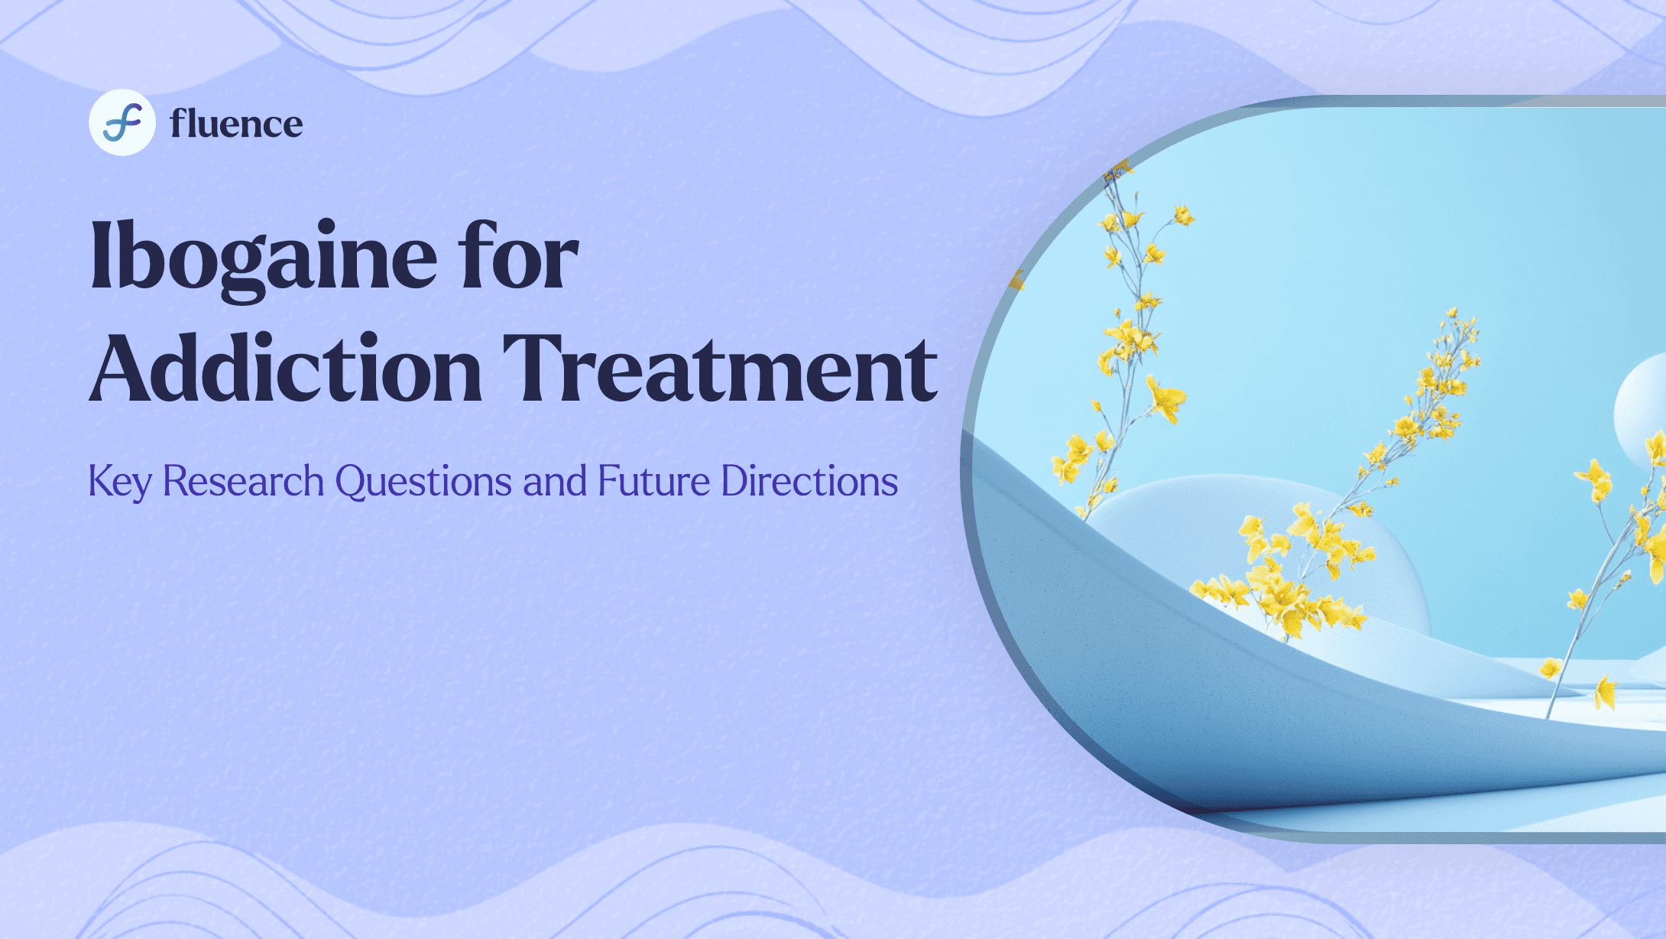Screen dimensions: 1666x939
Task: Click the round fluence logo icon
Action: [x=122, y=122]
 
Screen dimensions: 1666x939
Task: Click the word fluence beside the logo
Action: [x=236, y=123]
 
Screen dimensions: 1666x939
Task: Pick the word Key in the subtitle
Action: [x=120, y=482]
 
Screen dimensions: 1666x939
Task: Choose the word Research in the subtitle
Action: [x=243, y=481]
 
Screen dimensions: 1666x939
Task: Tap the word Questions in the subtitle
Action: [x=423, y=482]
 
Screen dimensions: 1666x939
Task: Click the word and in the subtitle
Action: [x=555, y=481]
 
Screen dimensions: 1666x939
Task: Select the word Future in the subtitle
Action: [x=654, y=481]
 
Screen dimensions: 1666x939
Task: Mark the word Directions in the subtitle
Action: [x=810, y=481]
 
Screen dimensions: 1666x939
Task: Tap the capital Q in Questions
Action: [x=352, y=482]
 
